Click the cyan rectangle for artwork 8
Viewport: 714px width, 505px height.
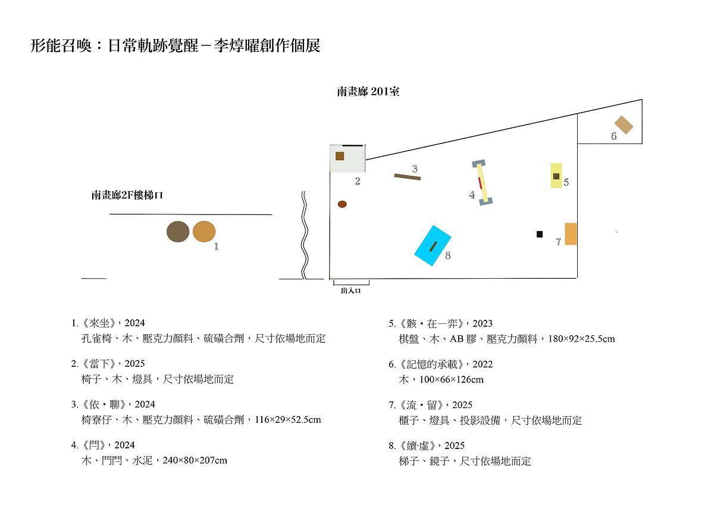[x=433, y=245]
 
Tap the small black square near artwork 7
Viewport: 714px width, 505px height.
[x=539, y=234]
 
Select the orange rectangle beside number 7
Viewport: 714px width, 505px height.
[x=571, y=234]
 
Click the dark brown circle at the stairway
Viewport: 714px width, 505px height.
[x=178, y=232]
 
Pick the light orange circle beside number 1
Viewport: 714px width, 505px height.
[x=204, y=231]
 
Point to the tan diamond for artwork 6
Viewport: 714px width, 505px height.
[x=624, y=124]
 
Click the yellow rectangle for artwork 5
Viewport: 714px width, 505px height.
[x=556, y=176]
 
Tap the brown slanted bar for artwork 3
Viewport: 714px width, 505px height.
[x=408, y=177]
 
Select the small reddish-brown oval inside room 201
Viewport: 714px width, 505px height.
[x=342, y=204]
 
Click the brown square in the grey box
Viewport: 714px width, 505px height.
[x=340, y=156]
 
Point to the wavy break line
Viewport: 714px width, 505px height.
[x=305, y=235]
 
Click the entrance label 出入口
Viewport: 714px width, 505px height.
[x=351, y=291]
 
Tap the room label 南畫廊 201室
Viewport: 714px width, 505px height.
[x=368, y=92]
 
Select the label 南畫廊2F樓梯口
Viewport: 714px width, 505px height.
[x=127, y=195]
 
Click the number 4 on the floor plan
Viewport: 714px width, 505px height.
[x=472, y=195]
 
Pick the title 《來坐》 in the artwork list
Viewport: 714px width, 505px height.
[x=99, y=323]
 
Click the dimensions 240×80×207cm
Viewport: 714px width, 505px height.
[x=195, y=460]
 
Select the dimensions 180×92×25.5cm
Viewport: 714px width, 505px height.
[x=581, y=338]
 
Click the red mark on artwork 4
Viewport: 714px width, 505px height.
[x=480, y=182]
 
